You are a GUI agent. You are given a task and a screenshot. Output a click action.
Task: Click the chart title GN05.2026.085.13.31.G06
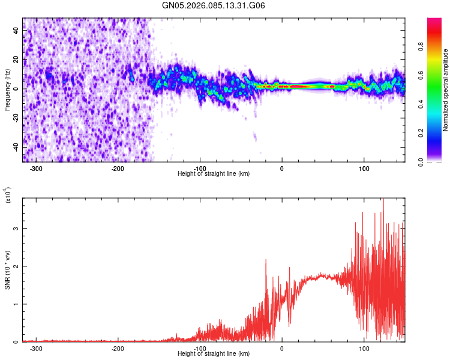[214, 5]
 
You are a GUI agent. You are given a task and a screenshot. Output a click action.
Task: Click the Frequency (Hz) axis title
[7, 90]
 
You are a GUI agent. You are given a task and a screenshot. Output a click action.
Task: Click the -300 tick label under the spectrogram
[36, 168]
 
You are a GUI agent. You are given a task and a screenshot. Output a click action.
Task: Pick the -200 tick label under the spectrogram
[118, 168]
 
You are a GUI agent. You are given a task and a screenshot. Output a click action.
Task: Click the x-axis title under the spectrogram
[214, 173]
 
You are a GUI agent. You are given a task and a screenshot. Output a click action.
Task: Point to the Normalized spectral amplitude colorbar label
[445, 90]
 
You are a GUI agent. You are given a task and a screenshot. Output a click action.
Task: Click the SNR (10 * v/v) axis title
[7, 270]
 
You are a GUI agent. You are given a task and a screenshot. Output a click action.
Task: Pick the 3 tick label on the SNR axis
[17, 229]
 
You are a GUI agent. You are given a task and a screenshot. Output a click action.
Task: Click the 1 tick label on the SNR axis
[17, 304]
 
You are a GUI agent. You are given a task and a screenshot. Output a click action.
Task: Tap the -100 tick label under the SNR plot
[200, 349]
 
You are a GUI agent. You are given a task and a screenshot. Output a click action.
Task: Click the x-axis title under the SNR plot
[214, 354]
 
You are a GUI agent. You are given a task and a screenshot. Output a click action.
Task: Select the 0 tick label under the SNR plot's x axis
[282, 349]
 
